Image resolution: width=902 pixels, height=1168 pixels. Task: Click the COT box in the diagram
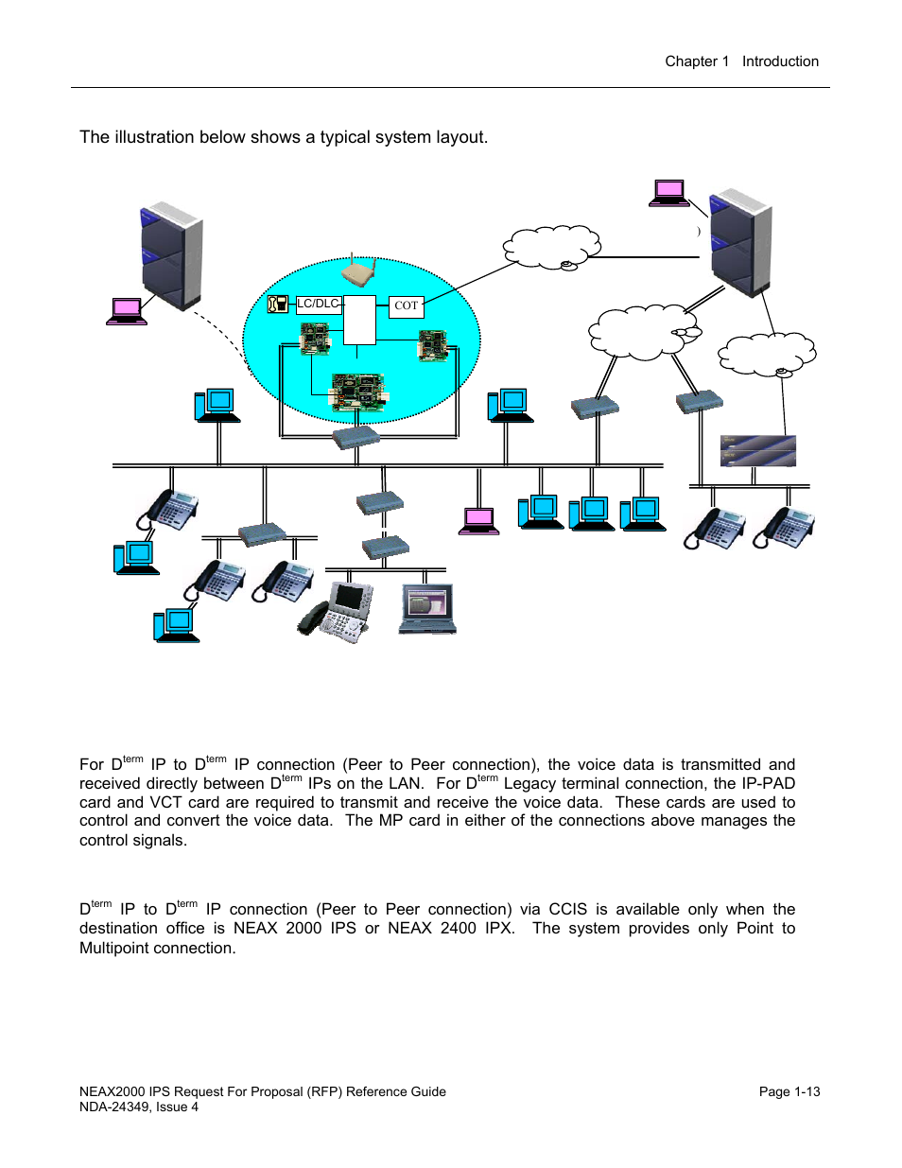(407, 306)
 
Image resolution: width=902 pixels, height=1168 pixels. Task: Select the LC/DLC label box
(319, 305)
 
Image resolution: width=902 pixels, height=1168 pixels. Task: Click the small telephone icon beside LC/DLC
(277, 304)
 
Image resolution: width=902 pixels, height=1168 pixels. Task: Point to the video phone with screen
(336, 612)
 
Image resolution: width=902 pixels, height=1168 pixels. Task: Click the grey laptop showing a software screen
(427, 609)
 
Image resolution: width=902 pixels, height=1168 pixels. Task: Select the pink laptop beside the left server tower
(127, 312)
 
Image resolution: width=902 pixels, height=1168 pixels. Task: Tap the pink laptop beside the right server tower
(668, 193)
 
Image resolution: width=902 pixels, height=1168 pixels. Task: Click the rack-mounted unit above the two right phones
(758, 450)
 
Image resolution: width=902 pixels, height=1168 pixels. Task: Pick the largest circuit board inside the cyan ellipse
(357, 392)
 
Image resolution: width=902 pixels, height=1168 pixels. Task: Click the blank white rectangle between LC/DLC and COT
(359, 320)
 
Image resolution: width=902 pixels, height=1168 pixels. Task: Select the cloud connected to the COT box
(552, 248)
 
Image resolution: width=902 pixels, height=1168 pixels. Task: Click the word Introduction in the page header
(780, 61)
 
